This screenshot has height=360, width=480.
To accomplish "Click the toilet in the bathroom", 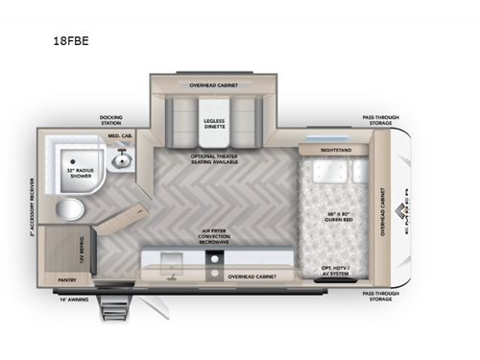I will point(68,209).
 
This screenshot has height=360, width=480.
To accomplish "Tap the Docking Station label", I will point(111,121).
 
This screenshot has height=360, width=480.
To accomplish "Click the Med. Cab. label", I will point(118,137).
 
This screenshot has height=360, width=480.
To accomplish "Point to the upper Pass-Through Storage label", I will point(381,120).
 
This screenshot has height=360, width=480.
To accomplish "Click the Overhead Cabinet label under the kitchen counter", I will point(252,276).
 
